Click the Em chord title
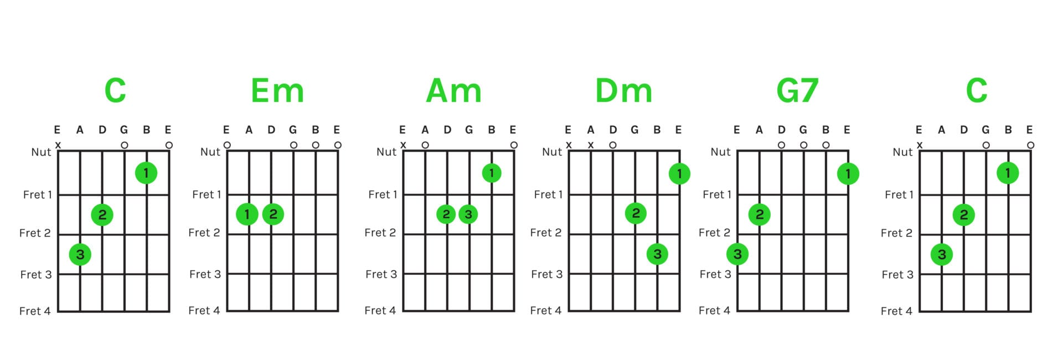point(277,90)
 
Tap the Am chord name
point(453,90)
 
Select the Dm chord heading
point(623,90)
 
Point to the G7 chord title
point(797,90)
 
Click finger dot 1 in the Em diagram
point(247,214)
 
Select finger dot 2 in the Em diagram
point(273,214)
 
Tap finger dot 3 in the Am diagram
point(468,214)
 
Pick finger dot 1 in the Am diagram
point(491,173)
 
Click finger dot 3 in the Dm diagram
point(657,254)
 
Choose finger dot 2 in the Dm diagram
point(636,213)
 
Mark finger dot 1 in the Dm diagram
point(679,174)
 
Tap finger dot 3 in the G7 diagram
point(737,254)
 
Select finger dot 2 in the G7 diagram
point(760,214)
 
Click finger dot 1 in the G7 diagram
point(848,174)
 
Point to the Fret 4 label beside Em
point(204,310)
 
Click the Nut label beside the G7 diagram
point(720,152)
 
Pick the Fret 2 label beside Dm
point(545,233)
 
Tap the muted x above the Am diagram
point(403,145)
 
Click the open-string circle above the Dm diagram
point(613,145)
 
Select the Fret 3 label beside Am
point(381,274)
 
